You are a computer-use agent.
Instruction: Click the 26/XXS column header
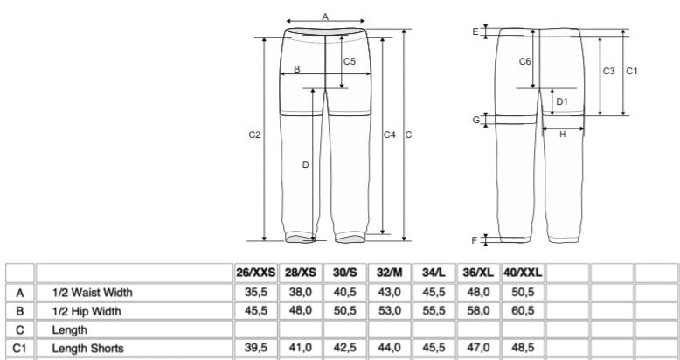tap(256, 273)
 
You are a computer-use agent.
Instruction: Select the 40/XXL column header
tap(523, 273)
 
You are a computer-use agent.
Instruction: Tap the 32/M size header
tap(390, 273)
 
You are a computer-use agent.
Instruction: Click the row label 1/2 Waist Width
tap(92, 293)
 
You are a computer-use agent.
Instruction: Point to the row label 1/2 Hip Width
tap(87, 311)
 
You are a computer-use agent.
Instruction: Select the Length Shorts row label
tap(87, 349)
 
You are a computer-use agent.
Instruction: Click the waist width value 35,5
tap(256, 293)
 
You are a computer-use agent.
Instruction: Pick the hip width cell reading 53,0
tap(389, 311)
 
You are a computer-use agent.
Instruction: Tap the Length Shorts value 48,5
tap(523, 348)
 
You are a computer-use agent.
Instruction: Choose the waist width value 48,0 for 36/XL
tap(478, 293)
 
